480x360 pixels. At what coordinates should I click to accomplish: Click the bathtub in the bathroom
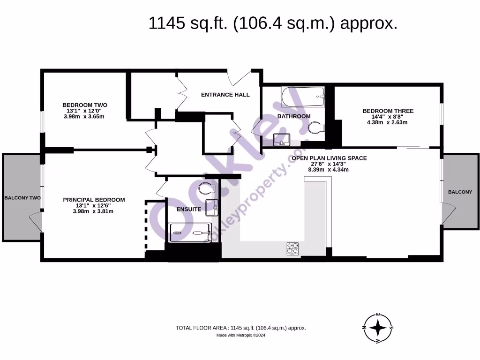(x=303, y=97)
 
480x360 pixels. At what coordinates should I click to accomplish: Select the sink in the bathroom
(x=282, y=140)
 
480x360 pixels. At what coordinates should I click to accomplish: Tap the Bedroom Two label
(x=85, y=105)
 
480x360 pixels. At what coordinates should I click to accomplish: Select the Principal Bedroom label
(x=94, y=200)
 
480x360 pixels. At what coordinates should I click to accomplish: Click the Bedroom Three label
(x=388, y=111)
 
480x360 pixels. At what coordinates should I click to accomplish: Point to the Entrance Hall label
(x=225, y=95)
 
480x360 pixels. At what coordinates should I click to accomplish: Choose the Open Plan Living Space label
(x=329, y=158)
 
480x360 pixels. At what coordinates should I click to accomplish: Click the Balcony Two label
(x=22, y=198)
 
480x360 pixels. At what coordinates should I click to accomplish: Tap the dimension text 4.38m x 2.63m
(x=387, y=122)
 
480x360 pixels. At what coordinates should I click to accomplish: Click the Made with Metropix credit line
(x=240, y=335)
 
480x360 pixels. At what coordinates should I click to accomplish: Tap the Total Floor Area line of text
(x=240, y=328)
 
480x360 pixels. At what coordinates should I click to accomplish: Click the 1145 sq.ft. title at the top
(x=273, y=23)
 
